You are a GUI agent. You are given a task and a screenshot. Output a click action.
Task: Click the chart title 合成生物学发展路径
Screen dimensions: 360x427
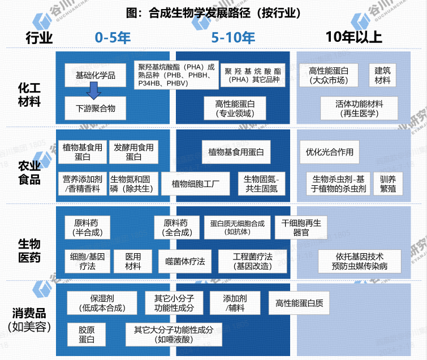click(213, 12)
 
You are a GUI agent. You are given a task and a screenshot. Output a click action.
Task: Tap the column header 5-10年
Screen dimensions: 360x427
click(233, 38)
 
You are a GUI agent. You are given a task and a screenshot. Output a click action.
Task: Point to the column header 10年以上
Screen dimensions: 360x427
click(354, 38)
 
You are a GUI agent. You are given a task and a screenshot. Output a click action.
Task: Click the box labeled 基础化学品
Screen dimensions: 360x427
click(95, 75)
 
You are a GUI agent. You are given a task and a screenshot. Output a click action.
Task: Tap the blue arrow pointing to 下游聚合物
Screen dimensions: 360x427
click(94, 90)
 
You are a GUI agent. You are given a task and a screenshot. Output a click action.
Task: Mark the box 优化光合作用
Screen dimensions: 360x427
click(330, 152)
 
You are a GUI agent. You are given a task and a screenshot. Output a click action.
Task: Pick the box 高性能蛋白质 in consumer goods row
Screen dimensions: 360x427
click(299, 303)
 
